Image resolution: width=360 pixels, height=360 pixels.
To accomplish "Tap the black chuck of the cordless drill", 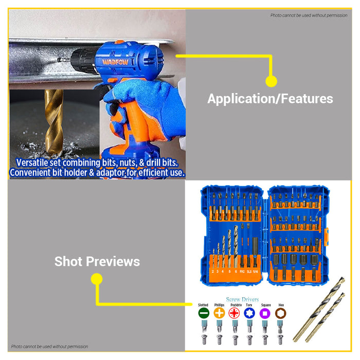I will [83, 59].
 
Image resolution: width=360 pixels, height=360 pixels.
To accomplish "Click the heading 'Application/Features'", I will [270, 99].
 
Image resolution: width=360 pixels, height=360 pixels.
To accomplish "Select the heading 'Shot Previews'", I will [97, 261].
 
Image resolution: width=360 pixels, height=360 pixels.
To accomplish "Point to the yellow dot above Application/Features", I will [271, 81].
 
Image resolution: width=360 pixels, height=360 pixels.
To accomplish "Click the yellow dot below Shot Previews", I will [97, 279].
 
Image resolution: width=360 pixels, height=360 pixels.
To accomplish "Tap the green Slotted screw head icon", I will [203, 313].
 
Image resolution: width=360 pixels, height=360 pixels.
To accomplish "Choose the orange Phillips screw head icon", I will [219, 313].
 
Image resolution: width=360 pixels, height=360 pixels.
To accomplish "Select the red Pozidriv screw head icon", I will [235, 313].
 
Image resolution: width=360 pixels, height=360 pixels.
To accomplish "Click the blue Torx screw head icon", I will [250, 313].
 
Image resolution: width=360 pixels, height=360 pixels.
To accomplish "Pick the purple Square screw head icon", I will [265, 313].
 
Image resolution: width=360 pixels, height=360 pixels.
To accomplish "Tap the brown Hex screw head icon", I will [280, 313].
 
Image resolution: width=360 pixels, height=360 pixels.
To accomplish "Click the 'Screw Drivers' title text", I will [242, 299].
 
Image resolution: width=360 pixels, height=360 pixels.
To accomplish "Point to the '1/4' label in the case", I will [256, 271].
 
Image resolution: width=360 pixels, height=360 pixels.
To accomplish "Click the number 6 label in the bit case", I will [236, 271].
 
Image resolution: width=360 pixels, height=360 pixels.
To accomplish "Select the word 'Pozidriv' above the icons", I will [235, 305].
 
